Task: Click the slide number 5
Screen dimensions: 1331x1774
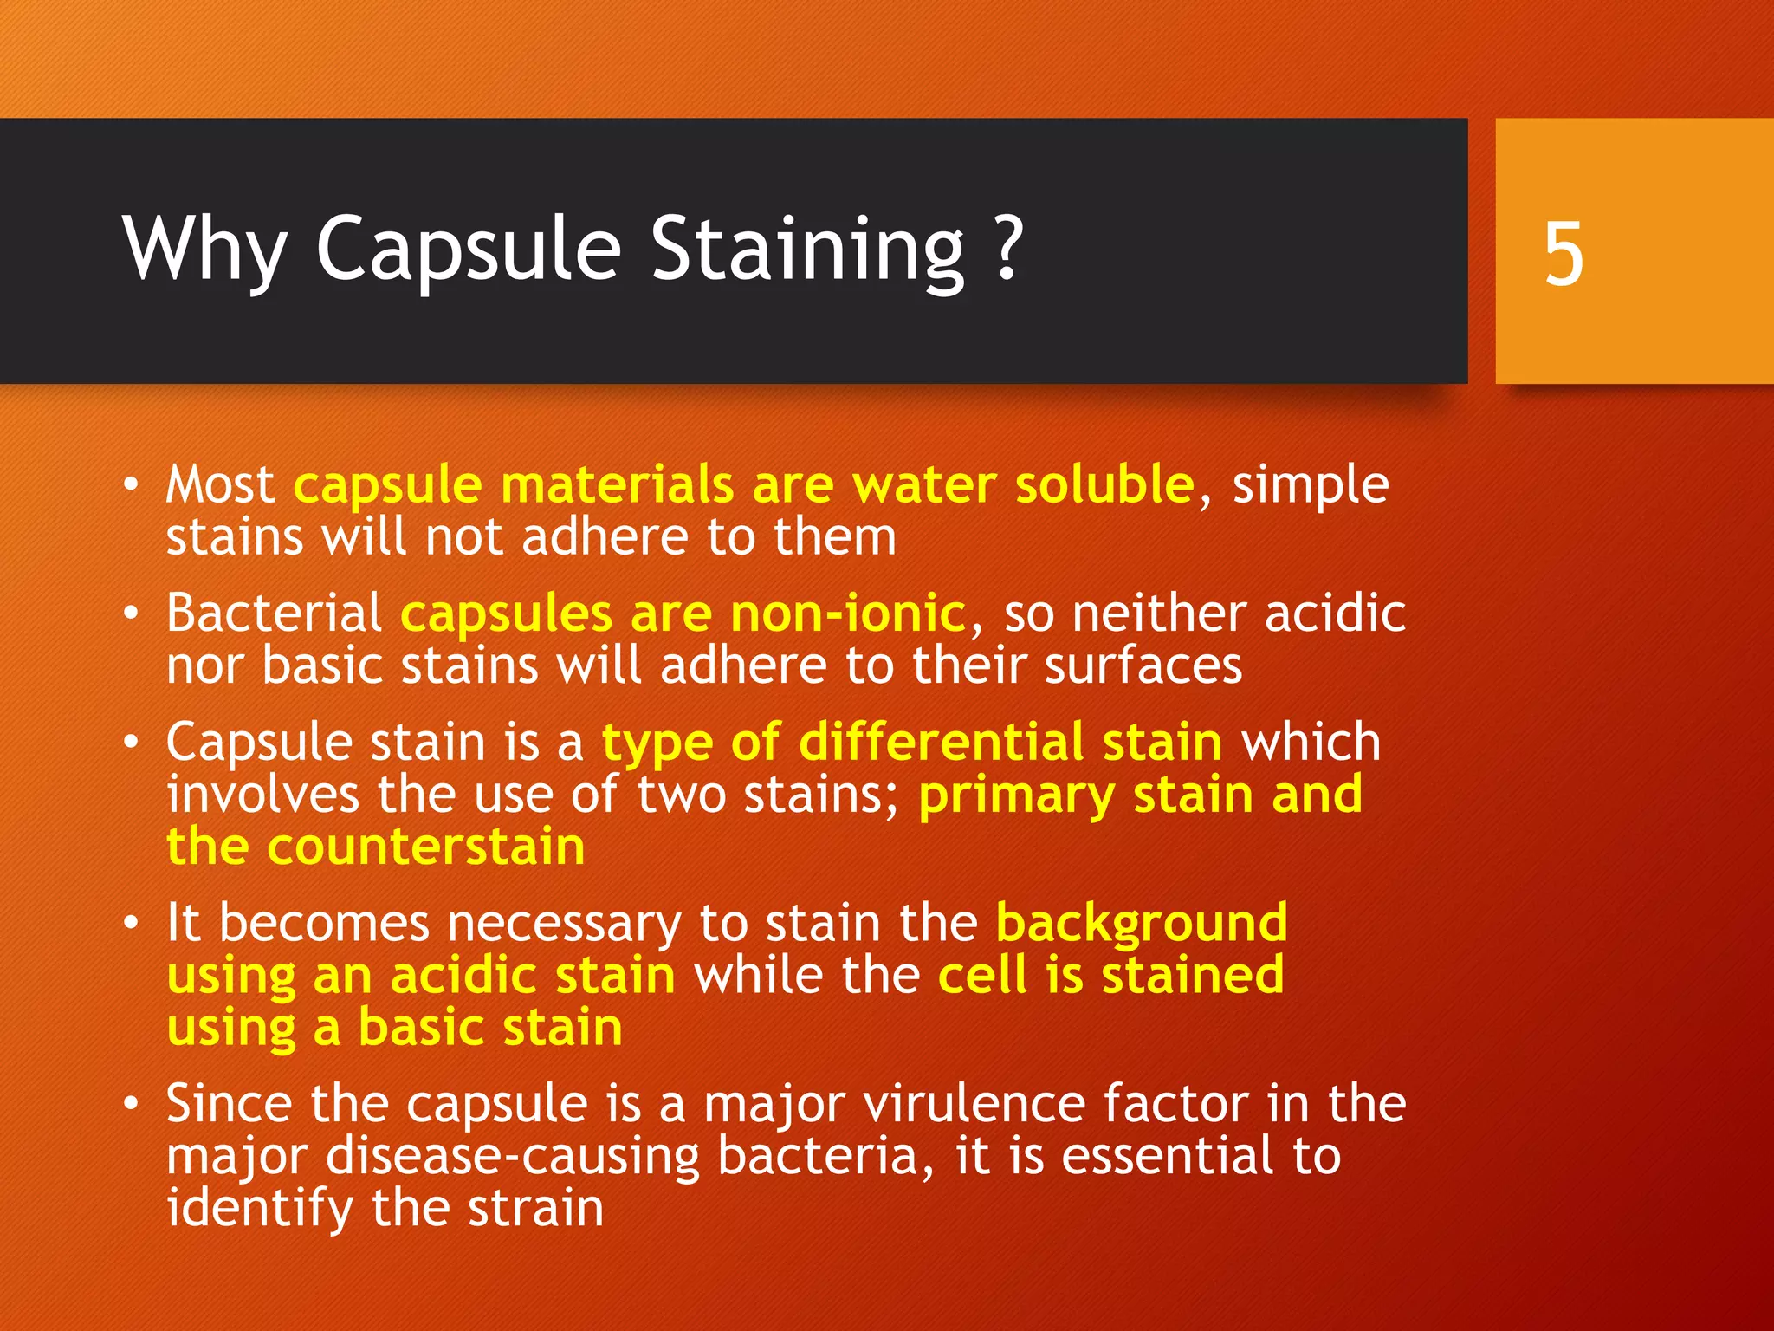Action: (1564, 253)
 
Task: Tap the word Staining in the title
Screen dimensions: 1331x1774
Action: (807, 251)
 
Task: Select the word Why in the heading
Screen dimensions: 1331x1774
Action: (204, 251)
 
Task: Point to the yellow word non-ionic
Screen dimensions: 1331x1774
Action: (847, 614)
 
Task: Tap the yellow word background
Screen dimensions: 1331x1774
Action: (1141, 924)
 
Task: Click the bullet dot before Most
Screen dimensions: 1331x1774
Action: (130, 485)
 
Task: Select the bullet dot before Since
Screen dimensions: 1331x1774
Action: (130, 1104)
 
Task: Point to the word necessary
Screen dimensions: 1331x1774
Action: (564, 924)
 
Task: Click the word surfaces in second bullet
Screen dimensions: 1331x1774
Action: (1143, 665)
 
